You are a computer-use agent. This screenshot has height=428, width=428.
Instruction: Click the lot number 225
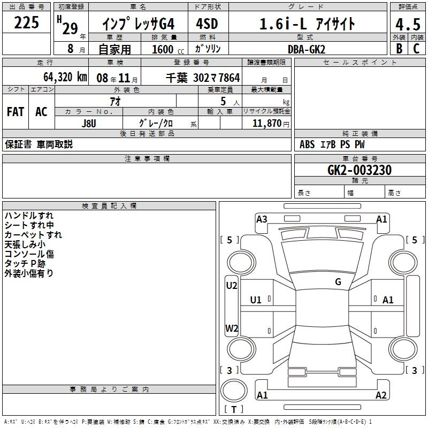(x=26, y=22)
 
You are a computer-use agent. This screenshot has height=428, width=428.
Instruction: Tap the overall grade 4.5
(x=408, y=24)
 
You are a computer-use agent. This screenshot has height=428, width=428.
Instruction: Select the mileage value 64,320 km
(x=65, y=77)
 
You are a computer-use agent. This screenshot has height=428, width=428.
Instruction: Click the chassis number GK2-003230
(x=360, y=170)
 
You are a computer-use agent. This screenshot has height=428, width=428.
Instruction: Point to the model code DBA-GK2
(x=306, y=49)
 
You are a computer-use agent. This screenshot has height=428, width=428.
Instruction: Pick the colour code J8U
(x=89, y=124)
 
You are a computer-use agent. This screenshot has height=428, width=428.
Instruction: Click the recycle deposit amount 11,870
(x=266, y=123)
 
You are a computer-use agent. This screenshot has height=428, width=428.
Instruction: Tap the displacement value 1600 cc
(x=168, y=49)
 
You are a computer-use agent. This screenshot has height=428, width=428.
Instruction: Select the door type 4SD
(x=207, y=24)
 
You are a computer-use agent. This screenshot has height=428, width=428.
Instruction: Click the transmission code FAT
(x=16, y=112)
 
